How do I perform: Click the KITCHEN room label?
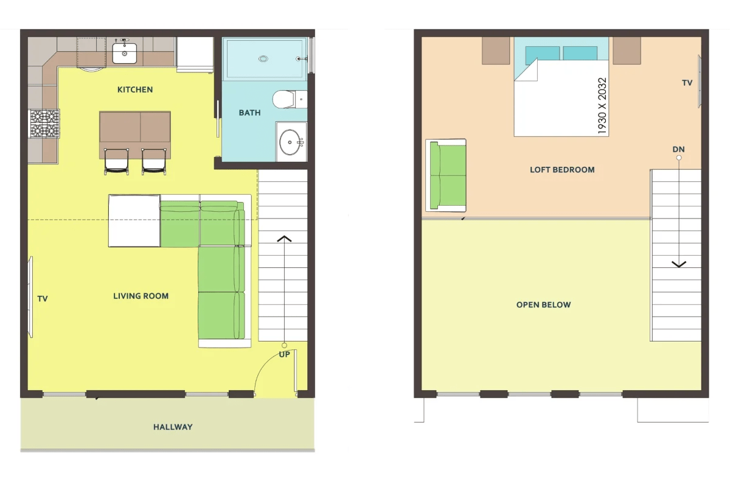(135, 89)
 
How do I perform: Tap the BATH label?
(249, 113)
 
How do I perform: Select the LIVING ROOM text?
(141, 296)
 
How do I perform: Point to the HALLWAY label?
(173, 427)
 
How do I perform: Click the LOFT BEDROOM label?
(562, 170)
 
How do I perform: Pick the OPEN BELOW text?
(544, 304)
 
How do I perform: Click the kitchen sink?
(125, 53)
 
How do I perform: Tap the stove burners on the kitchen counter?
(44, 124)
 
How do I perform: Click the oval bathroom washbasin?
(290, 142)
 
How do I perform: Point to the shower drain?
(263, 58)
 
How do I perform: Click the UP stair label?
(284, 354)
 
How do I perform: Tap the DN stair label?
(678, 149)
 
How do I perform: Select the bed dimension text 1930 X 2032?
(602, 106)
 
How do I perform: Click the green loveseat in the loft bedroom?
(446, 175)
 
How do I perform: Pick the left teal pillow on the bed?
(542, 54)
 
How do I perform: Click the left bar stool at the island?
(116, 161)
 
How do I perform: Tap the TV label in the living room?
(43, 299)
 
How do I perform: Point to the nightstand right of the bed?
(627, 51)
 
